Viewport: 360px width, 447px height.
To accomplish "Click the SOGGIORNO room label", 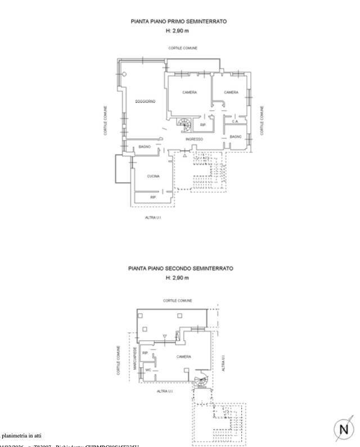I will tap(145, 101).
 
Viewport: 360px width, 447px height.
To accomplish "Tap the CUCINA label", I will tap(153, 177).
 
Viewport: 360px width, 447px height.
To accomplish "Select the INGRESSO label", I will tap(194, 139).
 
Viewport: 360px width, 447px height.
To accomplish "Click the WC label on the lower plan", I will tap(148, 369).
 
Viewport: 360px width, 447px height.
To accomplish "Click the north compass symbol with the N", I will tap(345, 430).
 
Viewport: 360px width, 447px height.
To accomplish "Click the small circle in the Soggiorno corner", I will tap(124, 75).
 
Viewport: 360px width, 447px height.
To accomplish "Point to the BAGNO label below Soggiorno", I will tap(145, 147).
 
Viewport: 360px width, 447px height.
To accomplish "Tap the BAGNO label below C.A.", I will tap(236, 136).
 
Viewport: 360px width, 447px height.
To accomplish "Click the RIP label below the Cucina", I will tap(152, 197).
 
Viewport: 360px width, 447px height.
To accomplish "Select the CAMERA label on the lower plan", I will tap(183, 356).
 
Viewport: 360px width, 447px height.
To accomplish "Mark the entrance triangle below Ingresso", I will tap(184, 164).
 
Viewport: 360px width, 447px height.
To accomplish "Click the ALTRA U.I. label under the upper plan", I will tap(153, 218).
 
